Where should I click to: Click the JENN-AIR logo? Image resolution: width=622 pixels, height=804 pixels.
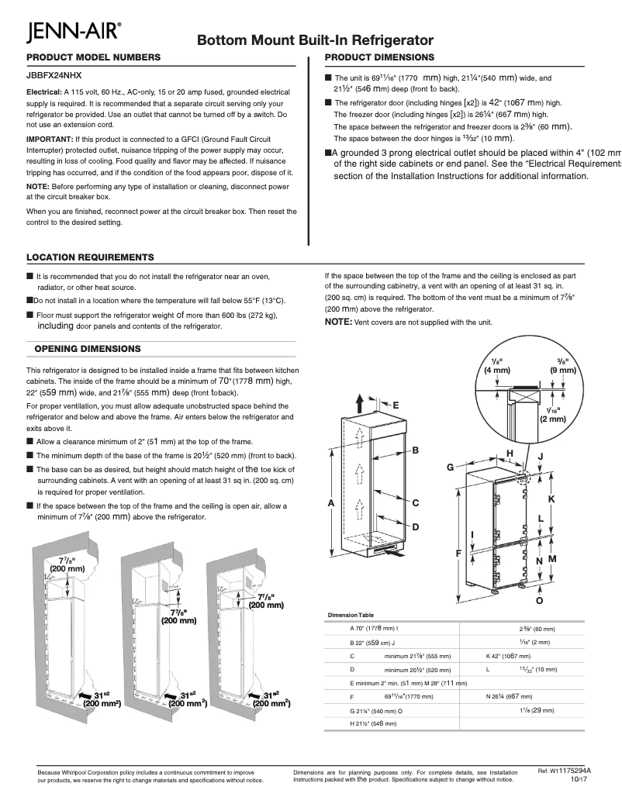pos(73,33)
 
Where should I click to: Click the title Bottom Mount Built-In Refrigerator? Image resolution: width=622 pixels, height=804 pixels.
pos(314,40)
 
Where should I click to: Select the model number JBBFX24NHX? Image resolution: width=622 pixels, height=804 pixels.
pos(54,75)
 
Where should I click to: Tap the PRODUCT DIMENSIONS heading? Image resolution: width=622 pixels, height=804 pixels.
pos(378,58)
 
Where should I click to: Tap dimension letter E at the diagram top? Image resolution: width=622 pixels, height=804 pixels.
pos(396,405)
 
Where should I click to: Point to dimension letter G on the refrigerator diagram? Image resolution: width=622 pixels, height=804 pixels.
pos(449,468)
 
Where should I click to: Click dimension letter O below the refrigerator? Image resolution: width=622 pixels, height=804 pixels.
pos(539,600)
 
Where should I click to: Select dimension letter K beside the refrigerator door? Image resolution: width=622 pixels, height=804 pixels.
pos(552,499)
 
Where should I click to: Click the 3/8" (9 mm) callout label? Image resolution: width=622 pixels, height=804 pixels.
pos(563,366)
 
